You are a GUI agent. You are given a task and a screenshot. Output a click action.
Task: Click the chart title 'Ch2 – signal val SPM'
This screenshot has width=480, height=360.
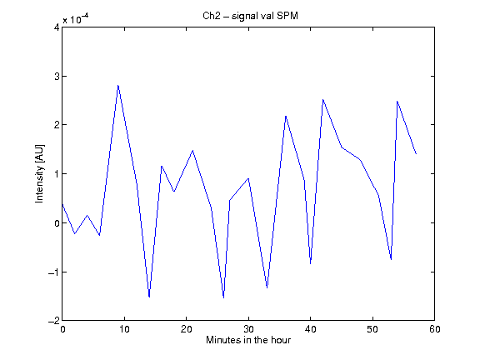(x=250, y=16)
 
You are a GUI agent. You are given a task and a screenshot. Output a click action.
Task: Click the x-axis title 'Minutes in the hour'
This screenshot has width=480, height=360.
(x=248, y=340)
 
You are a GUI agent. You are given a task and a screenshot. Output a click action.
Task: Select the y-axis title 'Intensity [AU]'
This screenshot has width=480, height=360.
(x=39, y=173)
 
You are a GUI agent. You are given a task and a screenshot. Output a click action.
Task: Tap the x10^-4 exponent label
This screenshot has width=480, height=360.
(x=76, y=18)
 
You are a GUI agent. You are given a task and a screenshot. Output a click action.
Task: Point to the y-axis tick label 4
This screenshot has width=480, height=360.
(x=57, y=27)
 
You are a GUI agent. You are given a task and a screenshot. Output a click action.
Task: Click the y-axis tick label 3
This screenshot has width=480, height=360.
(x=57, y=76)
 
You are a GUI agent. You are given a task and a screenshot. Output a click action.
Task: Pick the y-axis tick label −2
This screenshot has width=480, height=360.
(x=53, y=321)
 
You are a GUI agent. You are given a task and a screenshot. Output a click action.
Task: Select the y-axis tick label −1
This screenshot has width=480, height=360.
(x=53, y=272)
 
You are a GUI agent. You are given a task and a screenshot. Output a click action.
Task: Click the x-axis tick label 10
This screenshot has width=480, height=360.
(x=124, y=329)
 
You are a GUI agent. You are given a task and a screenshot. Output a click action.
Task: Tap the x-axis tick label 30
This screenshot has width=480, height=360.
(x=248, y=329)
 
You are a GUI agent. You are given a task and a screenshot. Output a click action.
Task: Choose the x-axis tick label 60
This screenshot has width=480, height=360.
(x=435, y=329)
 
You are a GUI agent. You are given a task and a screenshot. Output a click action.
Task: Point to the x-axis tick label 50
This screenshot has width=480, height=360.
(x=372, y=329)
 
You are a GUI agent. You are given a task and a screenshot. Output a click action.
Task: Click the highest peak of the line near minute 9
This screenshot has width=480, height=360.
(x=118, y=85)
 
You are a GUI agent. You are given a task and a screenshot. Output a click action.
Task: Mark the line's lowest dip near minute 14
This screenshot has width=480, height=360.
(x=149, y=297)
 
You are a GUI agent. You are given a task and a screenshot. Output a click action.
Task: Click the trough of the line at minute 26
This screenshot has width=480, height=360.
(x=224, y=297)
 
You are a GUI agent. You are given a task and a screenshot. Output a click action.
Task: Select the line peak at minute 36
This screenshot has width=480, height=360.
(x=286, y=116)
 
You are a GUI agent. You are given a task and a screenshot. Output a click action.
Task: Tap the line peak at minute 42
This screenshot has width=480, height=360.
(x=323, y=99)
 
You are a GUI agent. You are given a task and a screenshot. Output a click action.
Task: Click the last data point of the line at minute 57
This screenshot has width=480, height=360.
(x=416, y=153)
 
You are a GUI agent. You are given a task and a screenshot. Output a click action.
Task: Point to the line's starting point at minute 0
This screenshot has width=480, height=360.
(x=62, y=204)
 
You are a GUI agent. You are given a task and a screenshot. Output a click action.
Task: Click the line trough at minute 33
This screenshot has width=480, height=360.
(x=267, y=287)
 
